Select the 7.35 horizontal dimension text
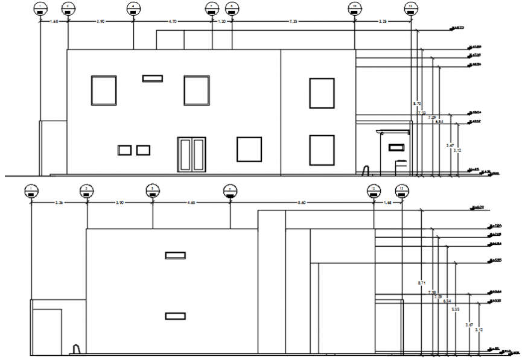click(293, 21)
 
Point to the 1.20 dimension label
click(221, 21)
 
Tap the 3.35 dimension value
click(383, 21)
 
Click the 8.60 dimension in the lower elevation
click(302, 203)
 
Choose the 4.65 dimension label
click(191, 203)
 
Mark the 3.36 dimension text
click(59, 203)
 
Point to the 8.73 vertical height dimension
click(416, 104)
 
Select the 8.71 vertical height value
click(421, 282)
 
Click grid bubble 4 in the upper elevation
click(133, 8)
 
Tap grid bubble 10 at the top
click(355, 8)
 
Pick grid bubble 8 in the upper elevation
click(232, 8)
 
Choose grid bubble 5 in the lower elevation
click(153, 191)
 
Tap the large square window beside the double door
click(249, 150)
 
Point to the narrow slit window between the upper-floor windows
click(152, 78)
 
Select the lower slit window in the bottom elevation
click(175, 316)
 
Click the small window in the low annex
click(396, 147)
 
